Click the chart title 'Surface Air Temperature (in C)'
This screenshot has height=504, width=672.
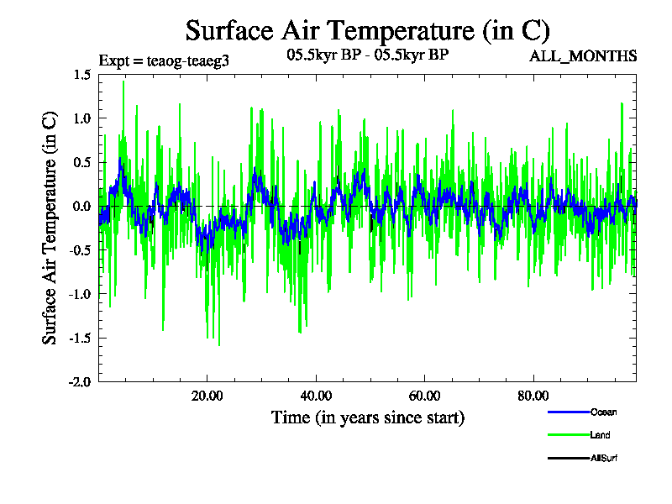point(367,31)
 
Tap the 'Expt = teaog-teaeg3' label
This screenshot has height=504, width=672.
point(164,60)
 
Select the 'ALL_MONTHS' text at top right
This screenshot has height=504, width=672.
point(582,56)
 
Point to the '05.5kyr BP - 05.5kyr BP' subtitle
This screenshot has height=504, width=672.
point(367,56)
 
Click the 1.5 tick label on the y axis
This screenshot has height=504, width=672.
point(81,75)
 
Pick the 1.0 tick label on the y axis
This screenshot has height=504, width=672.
point(81,118)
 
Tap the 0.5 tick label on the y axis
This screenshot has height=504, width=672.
point(81,162)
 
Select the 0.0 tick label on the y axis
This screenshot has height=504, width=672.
point(81,206)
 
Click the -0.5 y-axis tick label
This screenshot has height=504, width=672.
point(80,249)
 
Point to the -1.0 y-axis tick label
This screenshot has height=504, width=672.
point(80,293)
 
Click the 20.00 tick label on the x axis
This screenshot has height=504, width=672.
point(207,396)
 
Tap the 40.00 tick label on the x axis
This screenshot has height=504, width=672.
point(315,396)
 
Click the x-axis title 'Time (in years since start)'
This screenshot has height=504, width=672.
point(367,417)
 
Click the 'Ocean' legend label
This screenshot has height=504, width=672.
point(602,412)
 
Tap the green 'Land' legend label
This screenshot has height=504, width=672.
point(600,435)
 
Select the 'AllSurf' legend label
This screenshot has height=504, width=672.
point(604,459)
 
